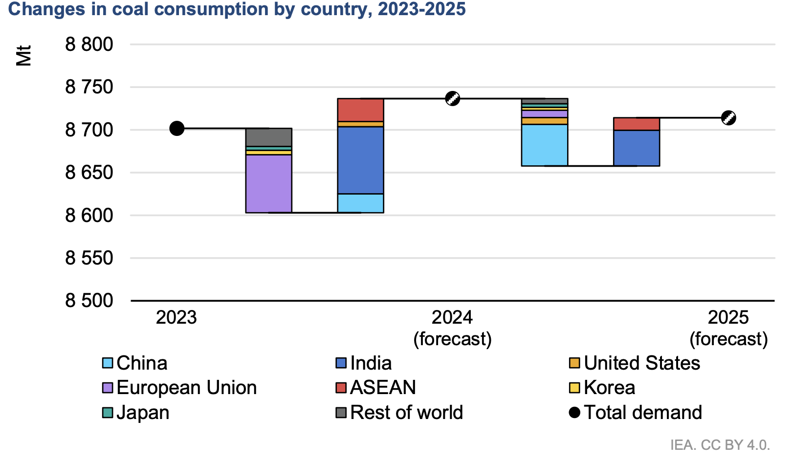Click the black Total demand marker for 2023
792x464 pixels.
pyautogui.click(x=176, y=129)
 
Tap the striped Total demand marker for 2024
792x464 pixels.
pyautogui.click(x=453, y=98)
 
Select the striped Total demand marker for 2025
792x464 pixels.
pyautogui.click(x=728, y=118)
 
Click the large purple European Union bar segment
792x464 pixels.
pyautogui.click(x=268, y=183)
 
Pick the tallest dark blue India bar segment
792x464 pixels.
pyautogui.click(x=360, y=160)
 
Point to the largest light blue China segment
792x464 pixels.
pyautogui.click(x=545, y=145)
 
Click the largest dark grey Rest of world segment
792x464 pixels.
pyautogui.click(x=268, y=137)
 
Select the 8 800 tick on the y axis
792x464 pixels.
pyautogui.click(x=89, y=44)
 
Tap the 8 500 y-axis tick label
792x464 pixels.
pyautogui.click(x=89, y=300)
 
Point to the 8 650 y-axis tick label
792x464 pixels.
pyautogui.click(x=89, y=173)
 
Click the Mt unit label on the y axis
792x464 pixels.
pyautogui.click(x=23, y=55)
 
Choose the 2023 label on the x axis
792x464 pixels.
pyautogui.click(x=176, y=317)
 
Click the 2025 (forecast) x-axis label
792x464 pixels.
pyautogui.click(x=728, y=328)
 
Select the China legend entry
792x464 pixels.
pyautogui.click(x=135, y=363)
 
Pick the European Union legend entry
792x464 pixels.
pyautogui.click(x=179, y=388)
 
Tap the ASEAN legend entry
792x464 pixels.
pyautogui.click(x=375, y=388)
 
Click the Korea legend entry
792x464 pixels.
pyautogui.click(x=603, y=388)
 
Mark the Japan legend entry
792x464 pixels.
pyautogui.click(x=136, y=413)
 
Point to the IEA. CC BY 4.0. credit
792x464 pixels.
pyautogui.click(x=720, y=445)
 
